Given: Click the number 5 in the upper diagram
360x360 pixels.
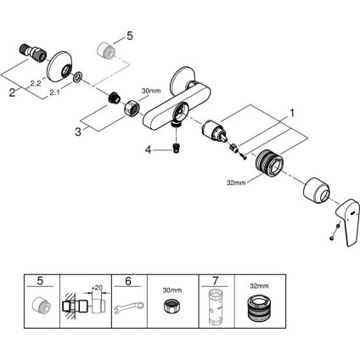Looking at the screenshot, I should [130, 36].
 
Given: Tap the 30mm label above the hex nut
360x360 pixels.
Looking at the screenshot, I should [151, 90].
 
